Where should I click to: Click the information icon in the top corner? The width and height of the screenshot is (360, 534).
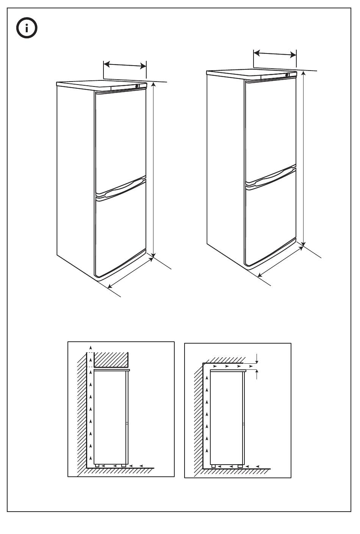tap(26, 28)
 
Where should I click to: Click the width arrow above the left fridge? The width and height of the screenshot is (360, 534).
tap(125, 65)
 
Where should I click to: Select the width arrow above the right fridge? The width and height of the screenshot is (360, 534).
tap(275, 54)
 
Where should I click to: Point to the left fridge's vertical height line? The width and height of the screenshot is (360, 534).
tap(153, 171)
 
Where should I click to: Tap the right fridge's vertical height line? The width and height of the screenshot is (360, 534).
tap(303, 159)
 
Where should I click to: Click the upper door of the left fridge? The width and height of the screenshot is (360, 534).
tap(121, 137)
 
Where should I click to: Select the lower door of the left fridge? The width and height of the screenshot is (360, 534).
tap(121, 231)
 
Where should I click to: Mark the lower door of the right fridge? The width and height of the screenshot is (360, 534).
tap(270, 220)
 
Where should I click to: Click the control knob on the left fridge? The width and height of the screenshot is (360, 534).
tap(137, 86)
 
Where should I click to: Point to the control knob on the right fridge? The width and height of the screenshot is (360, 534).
tap(287, 75)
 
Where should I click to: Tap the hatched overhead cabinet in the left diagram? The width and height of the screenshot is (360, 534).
tap(111, 359)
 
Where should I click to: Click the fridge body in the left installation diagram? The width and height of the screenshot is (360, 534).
tap(110, 417)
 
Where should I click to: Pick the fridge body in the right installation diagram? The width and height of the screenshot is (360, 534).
tap(227, 417)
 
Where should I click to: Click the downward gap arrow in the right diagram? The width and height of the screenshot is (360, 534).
tap(257, 358)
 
